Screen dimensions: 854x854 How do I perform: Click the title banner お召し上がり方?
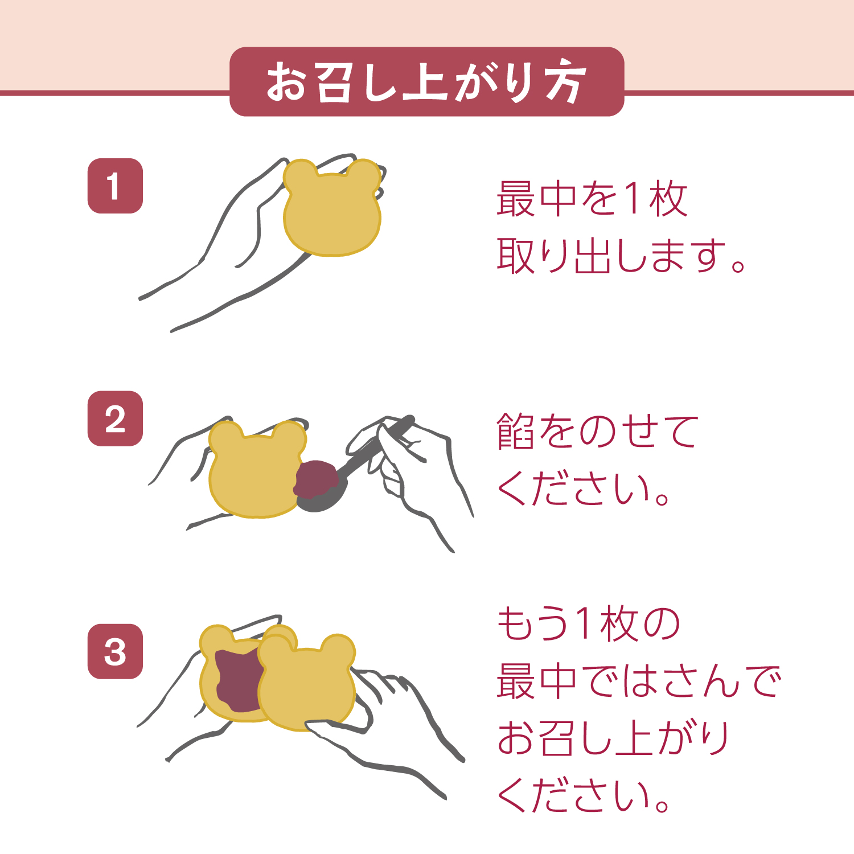click(426, 82)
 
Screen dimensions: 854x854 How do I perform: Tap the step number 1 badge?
click(115, 186)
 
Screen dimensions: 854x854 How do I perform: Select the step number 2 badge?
click(115, 418)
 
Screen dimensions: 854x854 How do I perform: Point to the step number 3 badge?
click(115, 651)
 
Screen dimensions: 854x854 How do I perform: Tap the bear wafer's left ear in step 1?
click(299, 174)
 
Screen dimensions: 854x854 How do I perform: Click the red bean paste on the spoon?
click(318, 478)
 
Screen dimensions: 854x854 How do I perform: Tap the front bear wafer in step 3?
click(307, 689)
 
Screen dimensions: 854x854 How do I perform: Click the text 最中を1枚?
click(592, 199)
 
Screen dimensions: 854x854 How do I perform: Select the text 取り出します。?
click(621, 256)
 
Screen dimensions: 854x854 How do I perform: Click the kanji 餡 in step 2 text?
click(515, 431)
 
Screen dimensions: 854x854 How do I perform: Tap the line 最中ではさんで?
click(638, 681)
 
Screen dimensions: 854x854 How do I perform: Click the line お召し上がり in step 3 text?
click(612, 738)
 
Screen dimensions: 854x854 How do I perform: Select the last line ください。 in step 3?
click(584, 795)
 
